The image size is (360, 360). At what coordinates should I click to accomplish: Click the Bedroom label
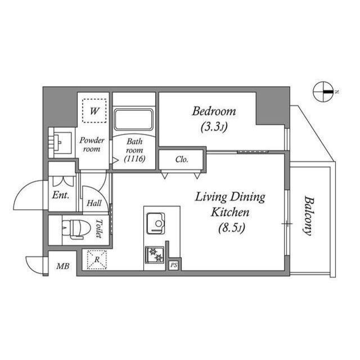point(214,111)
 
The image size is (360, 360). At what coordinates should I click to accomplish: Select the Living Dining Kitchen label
point(230,205)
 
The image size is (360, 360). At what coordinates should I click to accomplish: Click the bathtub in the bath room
point(133,120)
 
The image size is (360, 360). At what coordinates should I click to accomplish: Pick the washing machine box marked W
point(94,111)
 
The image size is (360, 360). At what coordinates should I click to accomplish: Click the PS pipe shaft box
point(174,265)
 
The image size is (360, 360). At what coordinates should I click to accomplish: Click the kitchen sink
point(156,224)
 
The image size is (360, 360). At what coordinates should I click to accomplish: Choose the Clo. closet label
point(181,160)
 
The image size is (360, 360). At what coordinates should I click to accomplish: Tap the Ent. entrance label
point(60,196)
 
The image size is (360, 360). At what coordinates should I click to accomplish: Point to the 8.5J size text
point(230,228)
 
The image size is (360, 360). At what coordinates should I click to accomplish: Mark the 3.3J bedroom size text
point(214,127)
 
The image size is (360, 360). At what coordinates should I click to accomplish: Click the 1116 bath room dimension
point(136,160)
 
